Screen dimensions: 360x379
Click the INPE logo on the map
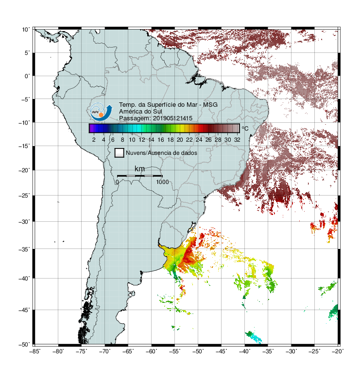101,112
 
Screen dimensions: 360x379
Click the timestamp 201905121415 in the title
173,118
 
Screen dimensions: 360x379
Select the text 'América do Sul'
140,112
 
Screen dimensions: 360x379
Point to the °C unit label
245,128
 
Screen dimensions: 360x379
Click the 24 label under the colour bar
199,140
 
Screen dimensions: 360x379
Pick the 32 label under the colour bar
237,140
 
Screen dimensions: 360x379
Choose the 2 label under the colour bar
94,140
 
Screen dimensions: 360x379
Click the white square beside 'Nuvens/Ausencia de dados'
120,153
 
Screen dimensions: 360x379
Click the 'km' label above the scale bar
139,169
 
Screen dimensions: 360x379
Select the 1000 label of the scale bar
162,182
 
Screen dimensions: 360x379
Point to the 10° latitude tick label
26,30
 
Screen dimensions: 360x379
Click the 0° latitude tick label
27,76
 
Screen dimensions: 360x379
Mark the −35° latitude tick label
24,249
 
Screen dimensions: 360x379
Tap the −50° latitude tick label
24,344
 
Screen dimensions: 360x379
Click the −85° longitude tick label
35,351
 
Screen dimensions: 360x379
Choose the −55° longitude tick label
175,351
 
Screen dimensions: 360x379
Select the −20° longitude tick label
338,351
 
